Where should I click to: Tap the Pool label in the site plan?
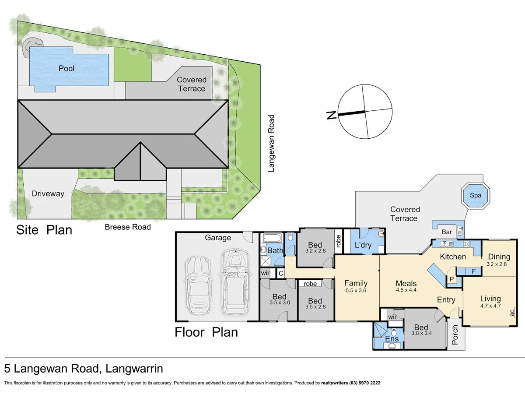point(66,69)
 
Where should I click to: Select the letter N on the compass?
point(331,115)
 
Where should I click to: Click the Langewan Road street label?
point(271,143)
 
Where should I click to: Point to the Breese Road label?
point(128,227)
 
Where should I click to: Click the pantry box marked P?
point(451,280)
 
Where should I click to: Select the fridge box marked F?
point(473,271)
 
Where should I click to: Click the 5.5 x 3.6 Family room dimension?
point(355,290)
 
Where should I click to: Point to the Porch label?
point(455,334)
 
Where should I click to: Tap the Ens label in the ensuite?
point(392,339)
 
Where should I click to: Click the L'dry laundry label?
point(363,245)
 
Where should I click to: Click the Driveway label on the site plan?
point(48,193)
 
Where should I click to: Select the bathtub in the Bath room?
point(273,239)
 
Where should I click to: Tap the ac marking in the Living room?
point(512,313)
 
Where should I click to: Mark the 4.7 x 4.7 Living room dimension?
point(490,306)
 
